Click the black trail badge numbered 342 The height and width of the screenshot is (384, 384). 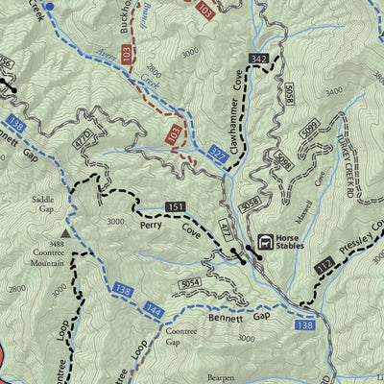[x=257, y=60]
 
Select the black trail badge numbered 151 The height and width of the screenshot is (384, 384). [x=175, y=206]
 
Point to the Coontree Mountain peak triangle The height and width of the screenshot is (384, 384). [x=65, y=232]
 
